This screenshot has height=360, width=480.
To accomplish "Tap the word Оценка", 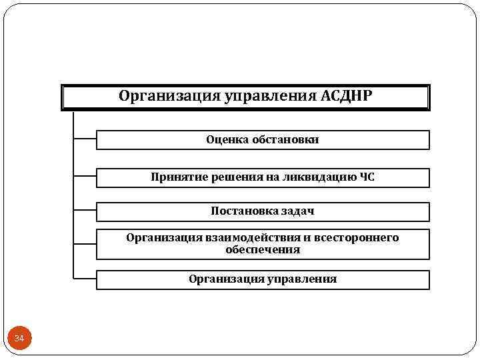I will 227,139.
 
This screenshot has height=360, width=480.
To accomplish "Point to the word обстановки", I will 285,139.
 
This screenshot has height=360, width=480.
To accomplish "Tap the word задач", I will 296,211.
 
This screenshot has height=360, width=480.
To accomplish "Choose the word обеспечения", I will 263,250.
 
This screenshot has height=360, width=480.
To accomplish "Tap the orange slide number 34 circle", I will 19,339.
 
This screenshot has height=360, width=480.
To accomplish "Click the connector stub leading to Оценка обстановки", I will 84,139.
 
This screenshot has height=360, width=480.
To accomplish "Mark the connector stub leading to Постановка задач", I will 84,211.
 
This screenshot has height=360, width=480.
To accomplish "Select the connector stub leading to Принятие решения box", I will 84,177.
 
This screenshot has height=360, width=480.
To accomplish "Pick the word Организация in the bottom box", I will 223,279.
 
